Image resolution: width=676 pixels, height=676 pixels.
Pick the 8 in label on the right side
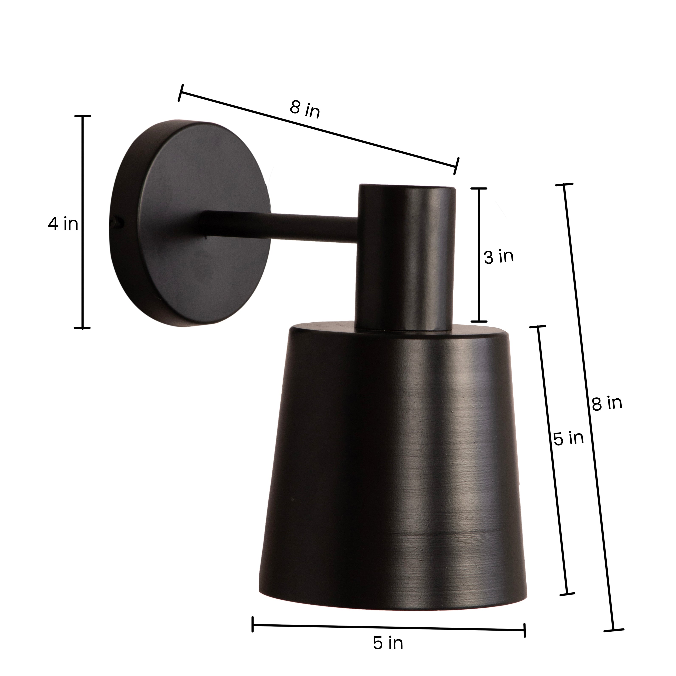tap(607, 403)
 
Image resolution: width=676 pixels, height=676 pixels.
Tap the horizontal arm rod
tap(280, 226)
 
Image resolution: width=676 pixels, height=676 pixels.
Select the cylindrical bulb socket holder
tap(406, 255)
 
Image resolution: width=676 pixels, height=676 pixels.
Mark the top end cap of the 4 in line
tap(83, 116)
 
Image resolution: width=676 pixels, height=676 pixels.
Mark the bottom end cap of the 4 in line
tap(83, 328)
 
